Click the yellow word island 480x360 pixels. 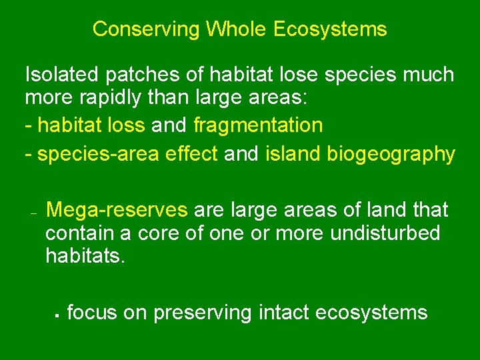point(293,154)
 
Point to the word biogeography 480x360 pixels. point(391,154)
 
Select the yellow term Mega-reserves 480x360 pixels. point(117,210)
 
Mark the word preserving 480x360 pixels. point(203,313)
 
